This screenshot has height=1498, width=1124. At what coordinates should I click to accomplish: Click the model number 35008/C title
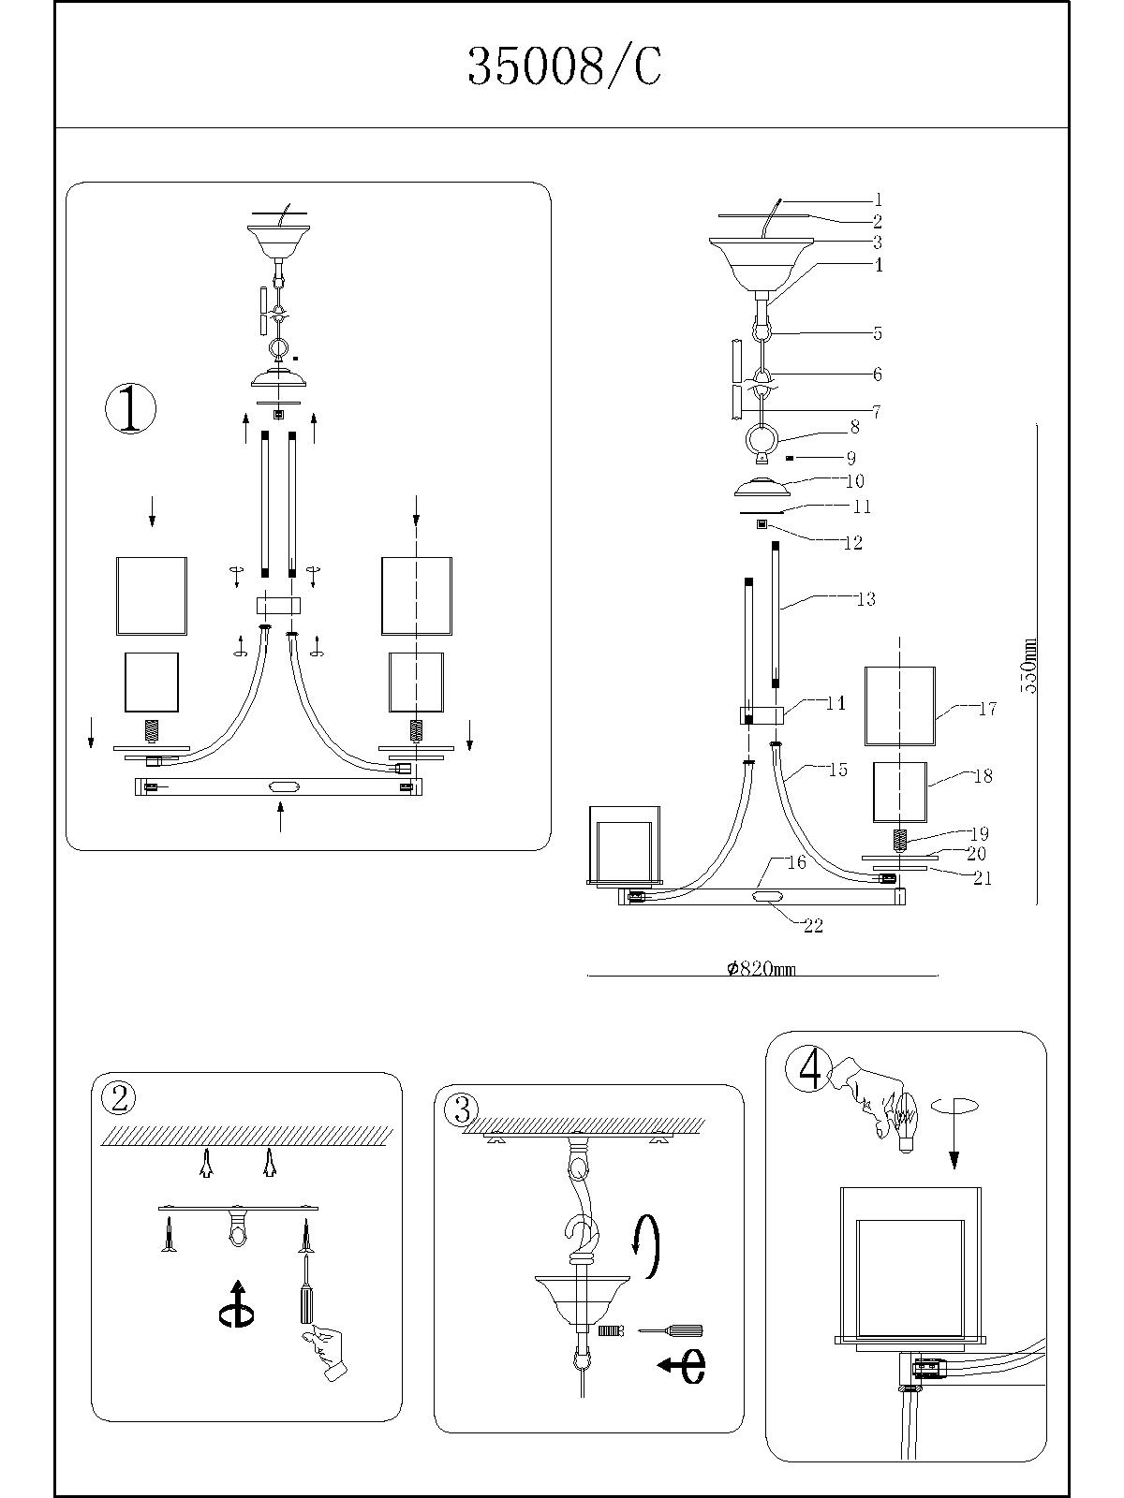click(564, 67)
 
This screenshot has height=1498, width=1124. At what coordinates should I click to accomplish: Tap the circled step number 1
click(130, 409)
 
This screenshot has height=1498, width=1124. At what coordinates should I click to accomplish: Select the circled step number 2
click(119, 1098)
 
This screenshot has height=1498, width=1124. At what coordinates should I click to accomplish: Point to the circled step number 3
click(461, 1109)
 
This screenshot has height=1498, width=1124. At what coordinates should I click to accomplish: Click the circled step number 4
click(809, 1068)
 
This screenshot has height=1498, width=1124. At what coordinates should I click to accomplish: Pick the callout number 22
click(813, 925)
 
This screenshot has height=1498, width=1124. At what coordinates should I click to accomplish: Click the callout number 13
click(865, 598)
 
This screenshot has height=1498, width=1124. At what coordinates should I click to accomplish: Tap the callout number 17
click(987, 709)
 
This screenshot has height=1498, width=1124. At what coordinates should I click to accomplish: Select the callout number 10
click(854, 480)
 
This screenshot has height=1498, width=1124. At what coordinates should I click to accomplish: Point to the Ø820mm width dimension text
click(761, 969)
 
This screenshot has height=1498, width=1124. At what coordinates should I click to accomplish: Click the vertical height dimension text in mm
click(1029, 665)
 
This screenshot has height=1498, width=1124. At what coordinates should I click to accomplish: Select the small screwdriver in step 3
click(671, 1329)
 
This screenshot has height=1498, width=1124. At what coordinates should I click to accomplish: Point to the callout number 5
click(877, 333)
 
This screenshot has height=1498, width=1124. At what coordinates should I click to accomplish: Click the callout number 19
click(979, 833)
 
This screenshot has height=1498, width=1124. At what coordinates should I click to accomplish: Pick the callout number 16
click(796, 862)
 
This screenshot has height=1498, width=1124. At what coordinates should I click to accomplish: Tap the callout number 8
click(854, 428)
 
